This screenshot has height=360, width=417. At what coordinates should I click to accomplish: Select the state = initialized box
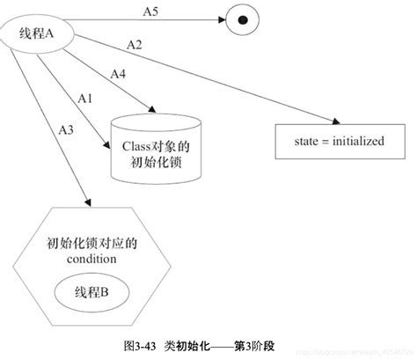point(340,140)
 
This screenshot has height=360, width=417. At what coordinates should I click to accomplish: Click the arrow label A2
point(135,43)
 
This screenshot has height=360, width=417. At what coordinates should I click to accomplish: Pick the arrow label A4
point(116,74)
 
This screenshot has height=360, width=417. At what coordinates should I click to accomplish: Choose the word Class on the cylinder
point(135,144)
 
